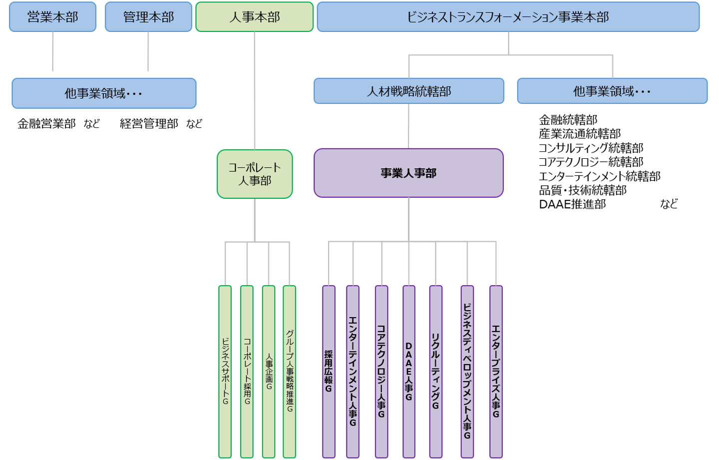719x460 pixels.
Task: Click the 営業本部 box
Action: tap(52, 17)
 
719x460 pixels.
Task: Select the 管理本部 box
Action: tap(148, 17)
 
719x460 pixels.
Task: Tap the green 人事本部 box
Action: tap(254, 17)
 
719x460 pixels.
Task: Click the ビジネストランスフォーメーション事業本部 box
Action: tap(508, 17)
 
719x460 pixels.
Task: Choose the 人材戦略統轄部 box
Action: tap(408, 91)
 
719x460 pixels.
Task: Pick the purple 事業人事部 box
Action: tap(408, 173)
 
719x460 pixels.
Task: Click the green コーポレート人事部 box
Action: tap(255, 174)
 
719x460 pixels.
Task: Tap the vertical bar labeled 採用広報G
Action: tap(329, 371)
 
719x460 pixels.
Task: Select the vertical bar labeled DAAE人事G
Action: tap(409, 371)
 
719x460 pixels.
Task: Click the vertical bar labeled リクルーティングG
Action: tap(436, 371)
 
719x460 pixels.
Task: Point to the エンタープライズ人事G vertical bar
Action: tap(496, 371)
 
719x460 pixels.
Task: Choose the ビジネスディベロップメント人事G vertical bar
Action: tap(467, 371)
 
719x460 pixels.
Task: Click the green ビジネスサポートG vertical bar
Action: tap(225, 371)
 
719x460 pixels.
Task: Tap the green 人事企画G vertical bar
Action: tap(269, 371)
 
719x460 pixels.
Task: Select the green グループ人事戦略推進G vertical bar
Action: tap(290, 371)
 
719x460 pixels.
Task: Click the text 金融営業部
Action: tap(46, 124)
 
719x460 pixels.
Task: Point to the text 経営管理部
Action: tap(149, 124)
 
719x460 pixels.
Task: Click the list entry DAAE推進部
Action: tap(572, 204)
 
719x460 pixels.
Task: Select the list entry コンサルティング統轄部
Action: tap(591, 148)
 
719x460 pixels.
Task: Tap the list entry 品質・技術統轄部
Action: tap(583, 190)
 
